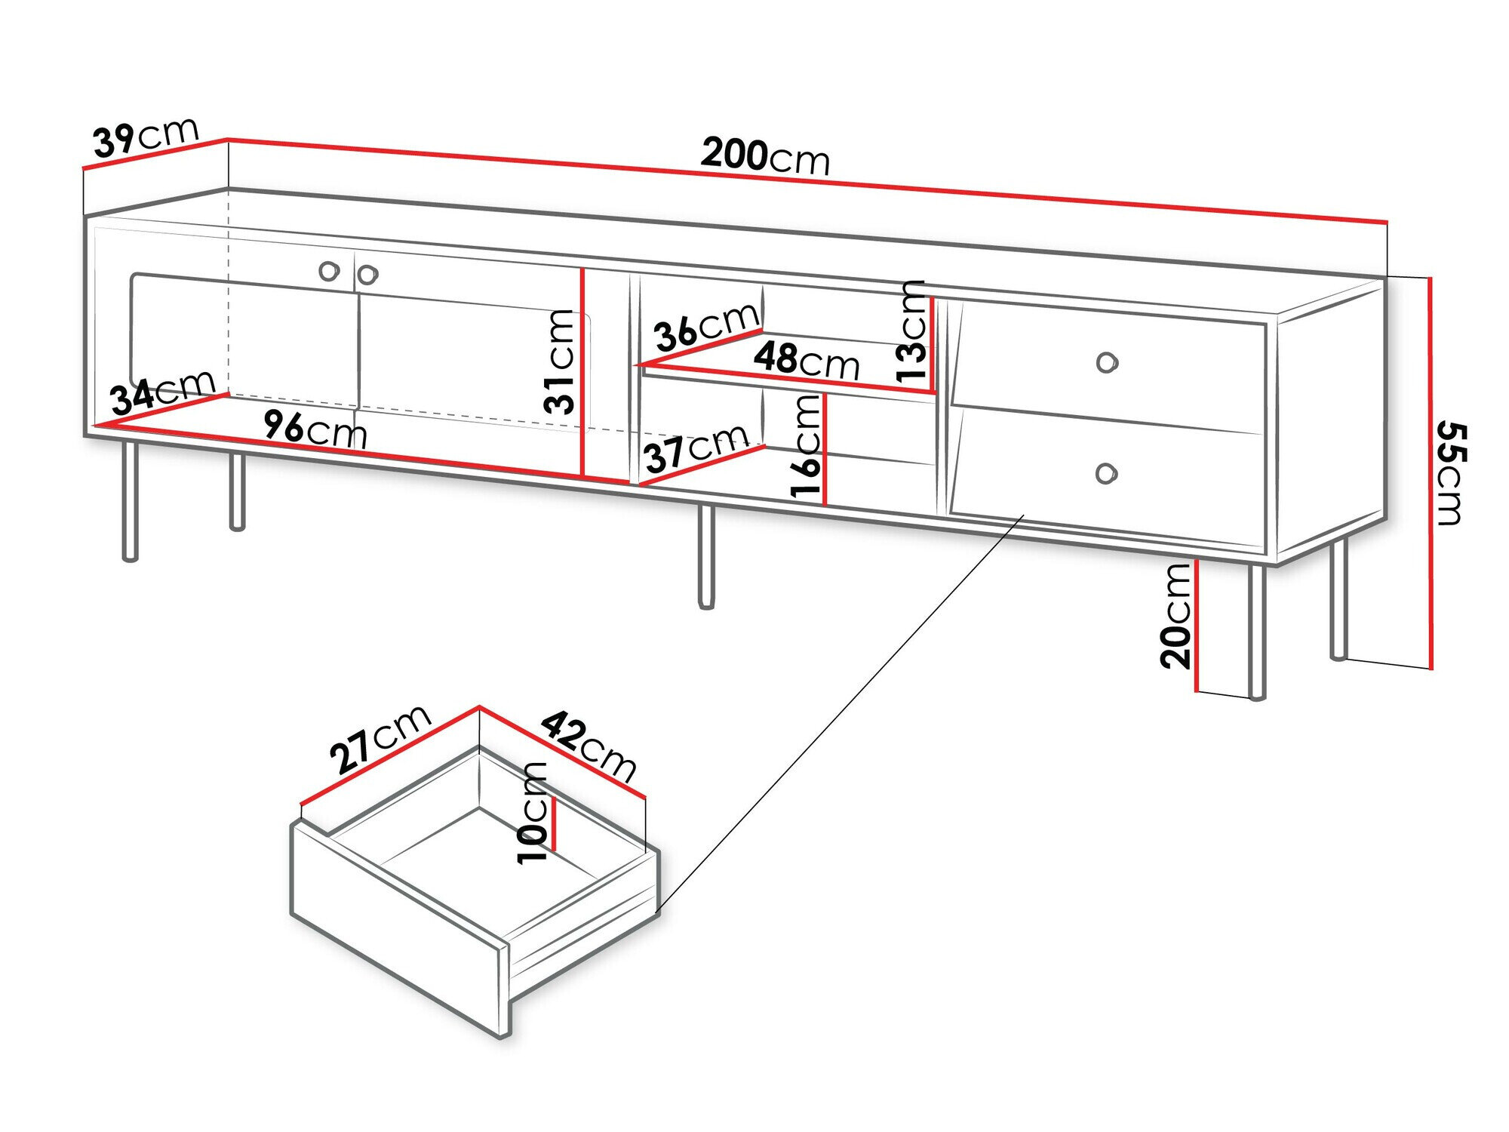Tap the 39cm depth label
pyautogui.click(x=145, y=138)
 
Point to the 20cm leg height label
pyautogui.click(x=1175, y=616)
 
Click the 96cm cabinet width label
pyautogui.click(x=315, y=430)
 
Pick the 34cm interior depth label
pyautogui.click(x=162, y=392)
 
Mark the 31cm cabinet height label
pyautogui.click(x=560, y=361)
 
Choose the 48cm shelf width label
pyautogui.click(x=806, y=360)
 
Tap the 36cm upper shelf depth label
pyautogui.click(x=705, y=327)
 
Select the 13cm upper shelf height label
pyautogui.click(x=911, y=330)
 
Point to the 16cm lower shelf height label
pyautogui.click(x=805, y=445)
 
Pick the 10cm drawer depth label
pyautogui.click(x=533, y=812)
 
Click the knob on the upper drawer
pyautogui.click(x=1106, y=363)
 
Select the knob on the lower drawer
pyautogui.click(x=1105, y=473)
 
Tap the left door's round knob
pyautogui.click(x=329, y=272)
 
